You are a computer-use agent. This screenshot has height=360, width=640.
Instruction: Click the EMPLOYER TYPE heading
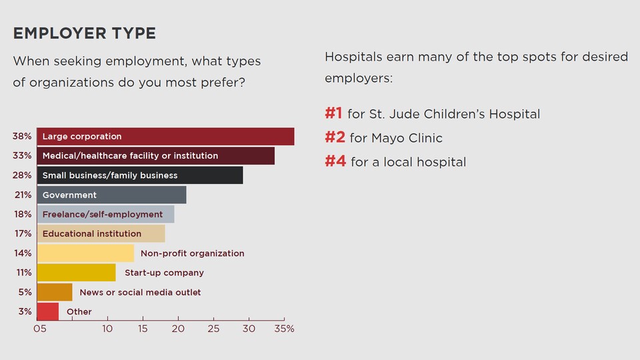[x=85, y=33]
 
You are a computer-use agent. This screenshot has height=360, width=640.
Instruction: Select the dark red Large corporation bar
[x=165, y=137]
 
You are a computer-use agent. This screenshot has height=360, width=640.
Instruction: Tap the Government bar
[x=111, y=195]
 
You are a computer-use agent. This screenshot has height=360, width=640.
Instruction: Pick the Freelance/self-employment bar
[x=105, y=215]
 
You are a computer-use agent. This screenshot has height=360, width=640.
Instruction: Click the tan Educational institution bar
[x=101, y=234]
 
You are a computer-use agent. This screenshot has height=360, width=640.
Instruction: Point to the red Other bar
[x=47, y=311]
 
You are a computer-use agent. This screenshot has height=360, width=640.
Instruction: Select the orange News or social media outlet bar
[x=54, y=292]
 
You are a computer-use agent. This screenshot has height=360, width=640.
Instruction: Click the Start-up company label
[x=164, y=273]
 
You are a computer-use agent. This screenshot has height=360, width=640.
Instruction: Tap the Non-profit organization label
[x=192, y=253]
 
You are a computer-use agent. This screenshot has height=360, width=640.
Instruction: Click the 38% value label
[x=22, y=137]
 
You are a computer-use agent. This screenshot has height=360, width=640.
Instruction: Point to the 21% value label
[x=23, y=195]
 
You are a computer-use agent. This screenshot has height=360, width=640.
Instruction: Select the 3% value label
[x=24, y=311]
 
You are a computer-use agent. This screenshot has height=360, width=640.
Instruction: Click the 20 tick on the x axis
[x=178, y=329]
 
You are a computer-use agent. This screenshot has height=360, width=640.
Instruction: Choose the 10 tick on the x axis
[x=107, y=329]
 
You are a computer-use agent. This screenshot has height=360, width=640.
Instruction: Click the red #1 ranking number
[x=333, y=113]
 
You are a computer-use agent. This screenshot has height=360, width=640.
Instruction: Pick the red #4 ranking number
[x=335, y=161]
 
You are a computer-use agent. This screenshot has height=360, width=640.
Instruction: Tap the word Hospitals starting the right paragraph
[x=353, y=57]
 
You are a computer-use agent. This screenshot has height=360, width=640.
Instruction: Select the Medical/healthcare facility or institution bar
[x=155, y=156]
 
